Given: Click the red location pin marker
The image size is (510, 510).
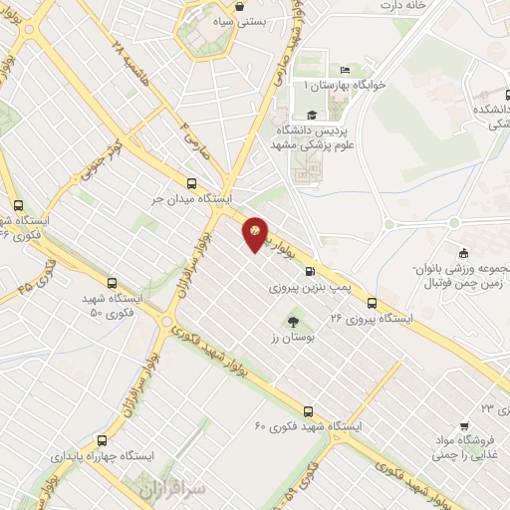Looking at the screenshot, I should [x=256, y=234].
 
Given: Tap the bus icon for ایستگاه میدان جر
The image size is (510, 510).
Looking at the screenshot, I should [x=192, y=182].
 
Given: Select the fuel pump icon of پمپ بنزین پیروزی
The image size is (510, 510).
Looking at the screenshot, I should [x=309, y=271].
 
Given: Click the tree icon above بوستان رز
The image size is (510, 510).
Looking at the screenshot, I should [x=293, y=321].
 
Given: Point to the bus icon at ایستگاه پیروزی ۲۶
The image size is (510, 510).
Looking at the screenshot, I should [x=372, y=303].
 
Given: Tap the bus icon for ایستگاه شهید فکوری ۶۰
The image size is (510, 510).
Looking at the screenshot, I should [x=308, y=410].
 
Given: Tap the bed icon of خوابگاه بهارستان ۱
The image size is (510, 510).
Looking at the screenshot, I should [x=346, y=70].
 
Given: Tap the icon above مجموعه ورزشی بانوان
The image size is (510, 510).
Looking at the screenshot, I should [x=462, y=253].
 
